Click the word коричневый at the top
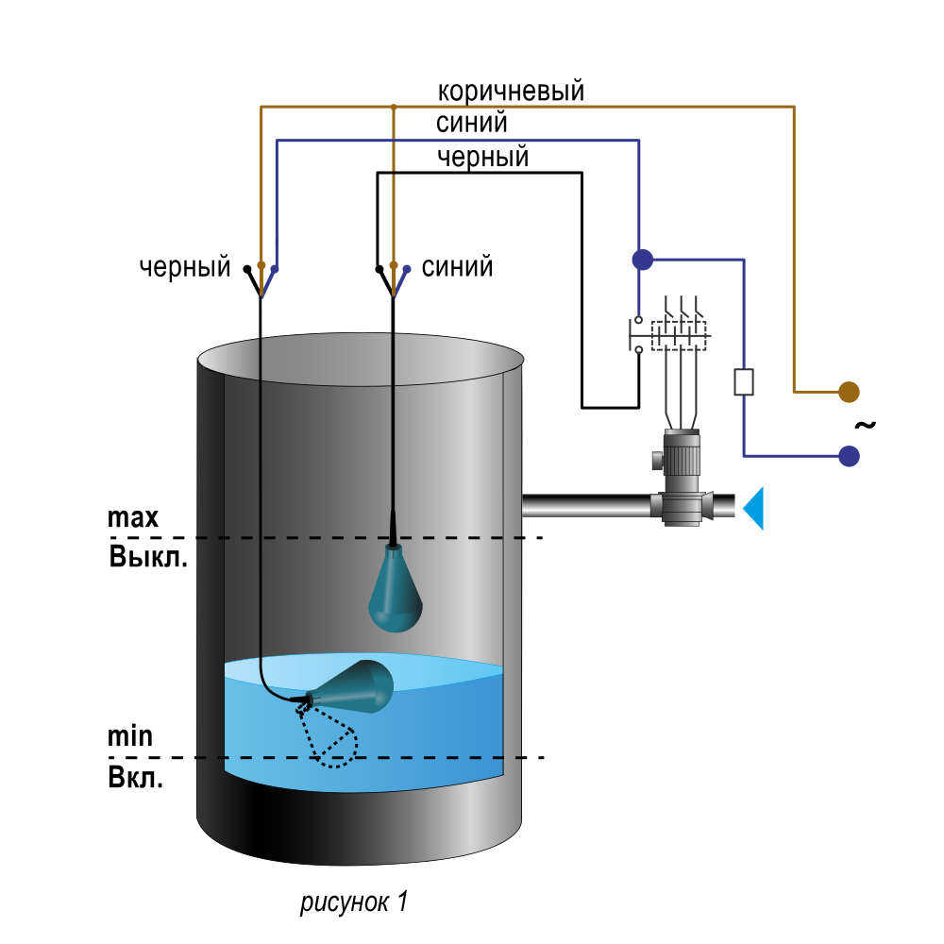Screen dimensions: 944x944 [511, 92]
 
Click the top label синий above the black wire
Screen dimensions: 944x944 [471, 124]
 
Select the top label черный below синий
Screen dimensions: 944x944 [482, 157]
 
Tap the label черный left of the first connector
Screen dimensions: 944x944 [185, 267]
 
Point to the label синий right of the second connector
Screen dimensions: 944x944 [457, 267]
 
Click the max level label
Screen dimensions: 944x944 [133, 517]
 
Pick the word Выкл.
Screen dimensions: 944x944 [148, 557]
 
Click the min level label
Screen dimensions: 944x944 [130, 736]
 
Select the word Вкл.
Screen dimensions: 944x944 [135, 778]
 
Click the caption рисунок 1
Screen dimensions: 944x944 [354, 902]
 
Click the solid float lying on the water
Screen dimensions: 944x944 [350, 687]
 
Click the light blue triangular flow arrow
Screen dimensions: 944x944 [753, 508]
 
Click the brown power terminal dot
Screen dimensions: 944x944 [849, 392]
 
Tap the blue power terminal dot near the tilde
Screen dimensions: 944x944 [849, 456]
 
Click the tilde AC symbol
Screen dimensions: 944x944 [865, 425]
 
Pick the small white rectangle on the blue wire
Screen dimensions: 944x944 [744, 381]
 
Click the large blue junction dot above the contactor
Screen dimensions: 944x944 [643, 260]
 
